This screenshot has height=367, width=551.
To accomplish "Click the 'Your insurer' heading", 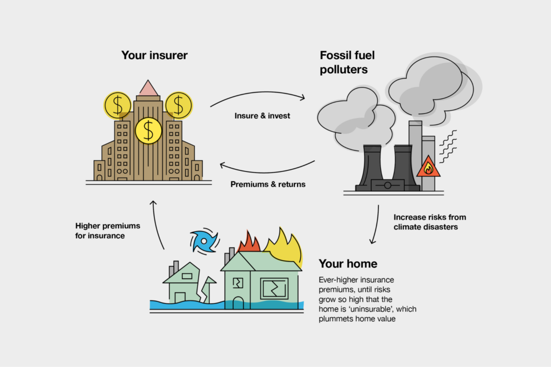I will click(154, 55).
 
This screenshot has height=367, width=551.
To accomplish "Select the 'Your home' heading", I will click(348, 264).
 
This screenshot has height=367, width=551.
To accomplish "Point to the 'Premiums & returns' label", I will click(268, 184).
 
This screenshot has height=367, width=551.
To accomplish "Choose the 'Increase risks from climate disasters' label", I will click(429, 222).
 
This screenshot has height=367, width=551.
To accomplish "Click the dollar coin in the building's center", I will click(149, 130).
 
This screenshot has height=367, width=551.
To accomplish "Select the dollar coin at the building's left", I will click(117, 105).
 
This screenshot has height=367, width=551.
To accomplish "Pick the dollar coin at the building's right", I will click(178, 105).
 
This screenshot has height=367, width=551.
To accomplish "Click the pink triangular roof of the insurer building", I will click(148, 88).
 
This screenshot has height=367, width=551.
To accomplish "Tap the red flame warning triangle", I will click(428, 167).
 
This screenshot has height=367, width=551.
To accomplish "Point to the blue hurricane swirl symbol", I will click(204, 241).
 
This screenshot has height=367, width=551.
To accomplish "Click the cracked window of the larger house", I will click(274, 288).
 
